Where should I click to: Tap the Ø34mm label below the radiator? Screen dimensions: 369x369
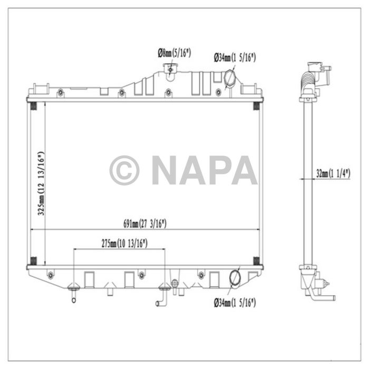pos(235,303)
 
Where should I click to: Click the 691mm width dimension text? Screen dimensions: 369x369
pos(145,224)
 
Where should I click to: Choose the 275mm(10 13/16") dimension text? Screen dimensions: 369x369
pos(123,243)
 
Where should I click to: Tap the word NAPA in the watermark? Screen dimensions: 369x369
pos(205,170)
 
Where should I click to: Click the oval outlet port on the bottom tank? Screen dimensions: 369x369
pos(235,278)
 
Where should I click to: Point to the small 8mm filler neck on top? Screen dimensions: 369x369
pos(170,69)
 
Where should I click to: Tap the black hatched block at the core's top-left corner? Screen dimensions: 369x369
pos(34,106)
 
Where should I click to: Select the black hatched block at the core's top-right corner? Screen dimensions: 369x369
pos(257,106)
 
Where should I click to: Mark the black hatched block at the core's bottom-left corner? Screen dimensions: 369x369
pos(34,260)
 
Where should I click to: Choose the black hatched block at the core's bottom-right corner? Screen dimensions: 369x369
pos(257,260)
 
